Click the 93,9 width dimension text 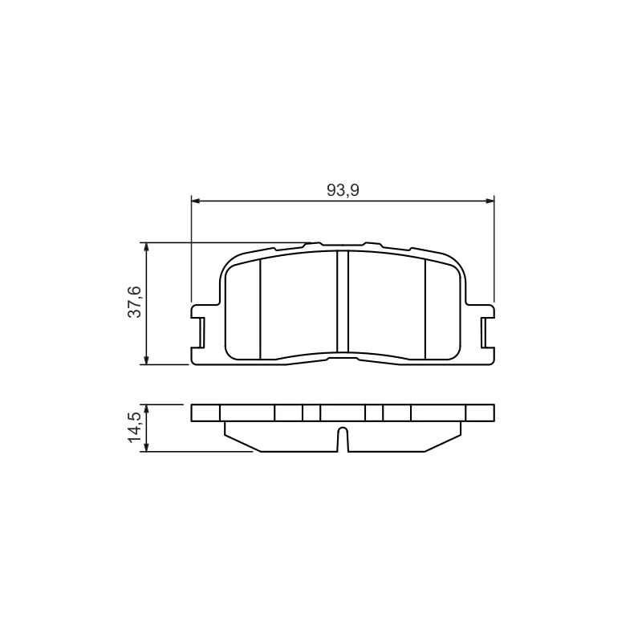coord(343,190)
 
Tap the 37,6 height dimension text coord(134,303)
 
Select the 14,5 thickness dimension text coord(134,428)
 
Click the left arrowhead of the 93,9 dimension coord(196,201)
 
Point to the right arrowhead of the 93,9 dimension coord(490,201)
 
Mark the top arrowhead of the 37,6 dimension coord(146,247)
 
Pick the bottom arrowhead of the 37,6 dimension coord(146,360)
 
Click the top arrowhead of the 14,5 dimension coord(146,409)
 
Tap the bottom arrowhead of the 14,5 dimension coord(146,447)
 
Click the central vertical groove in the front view coord(343,302)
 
